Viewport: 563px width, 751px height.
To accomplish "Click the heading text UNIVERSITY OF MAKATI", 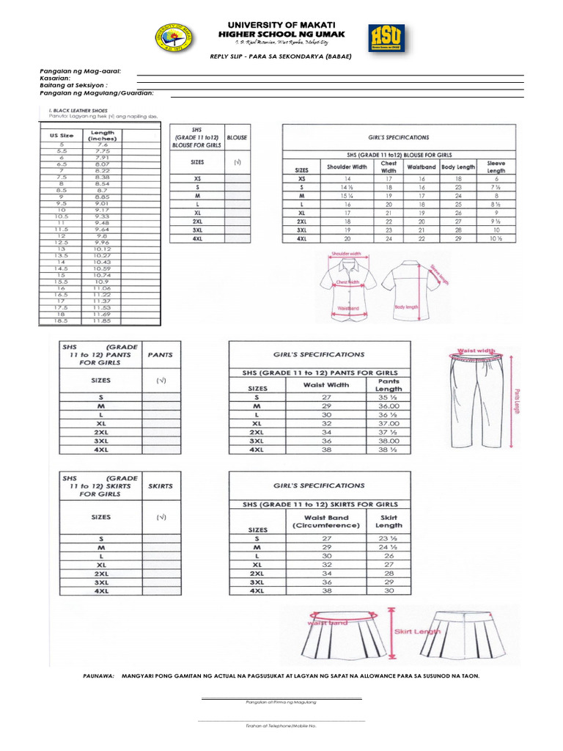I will click(x=281, y=26).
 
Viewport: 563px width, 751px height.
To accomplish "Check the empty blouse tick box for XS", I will click(x=238, y=178).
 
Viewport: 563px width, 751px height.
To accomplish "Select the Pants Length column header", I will click(x=389, y=384).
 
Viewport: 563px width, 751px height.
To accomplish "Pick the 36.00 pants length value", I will click(x=389, y=406).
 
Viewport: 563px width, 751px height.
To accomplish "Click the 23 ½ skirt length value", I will click(x=389, y=538).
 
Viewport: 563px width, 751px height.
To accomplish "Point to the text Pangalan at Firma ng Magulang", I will click(x=281, y=702).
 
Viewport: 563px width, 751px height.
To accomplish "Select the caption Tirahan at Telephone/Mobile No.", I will click(x=281, y=725).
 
